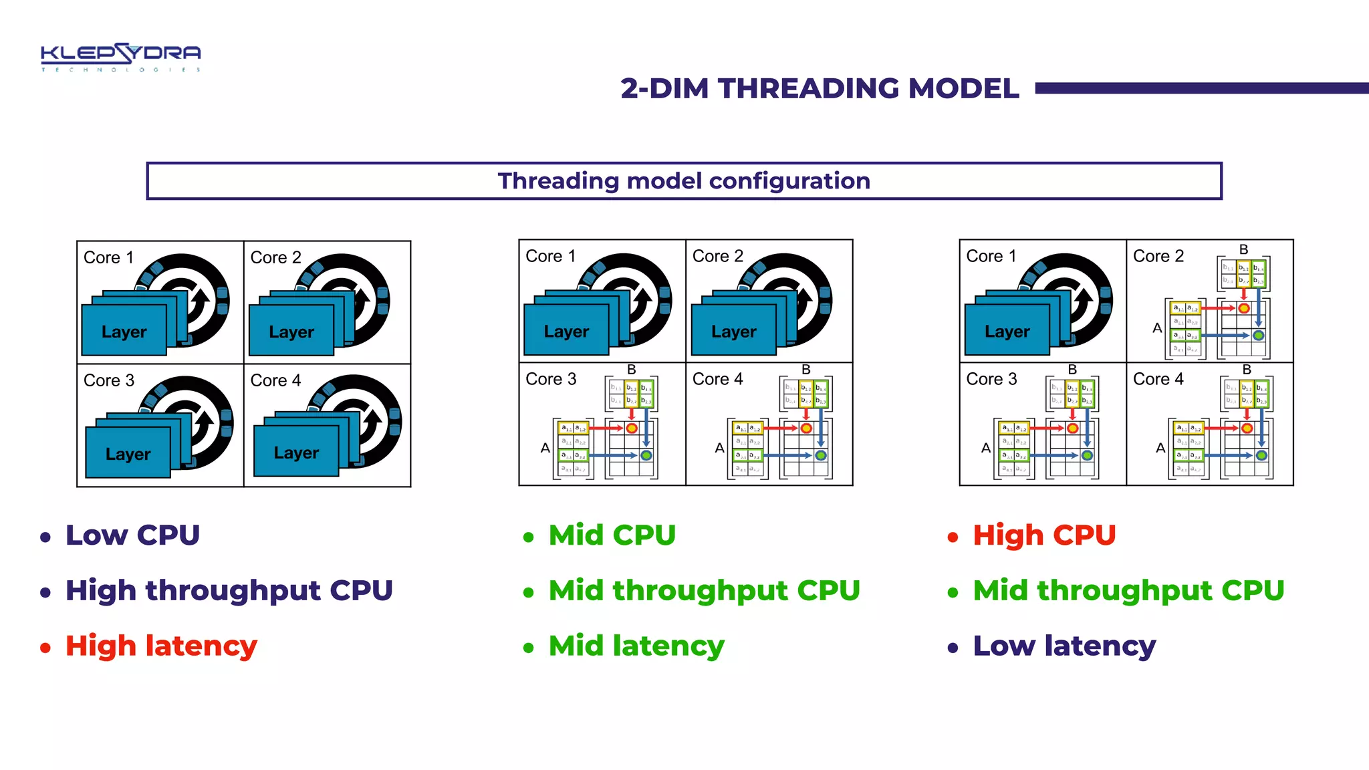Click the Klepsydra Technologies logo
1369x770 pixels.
click(120, 57)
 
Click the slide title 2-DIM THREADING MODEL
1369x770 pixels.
click(820, 88)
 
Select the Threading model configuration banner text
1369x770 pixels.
click(684, 181)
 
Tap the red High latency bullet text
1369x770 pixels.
click(161, 646)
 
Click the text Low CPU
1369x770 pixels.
click(132, 535)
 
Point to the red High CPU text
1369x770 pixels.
click(1044, 535)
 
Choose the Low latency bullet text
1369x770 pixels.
click(1064, 646)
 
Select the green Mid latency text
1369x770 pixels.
click(636, 646)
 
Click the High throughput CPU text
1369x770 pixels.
click(229, 590)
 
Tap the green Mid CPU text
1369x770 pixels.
click(612, 535)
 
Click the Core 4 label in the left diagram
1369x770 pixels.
click(275, 380)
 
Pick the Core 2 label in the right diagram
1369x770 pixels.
click(1158, 256)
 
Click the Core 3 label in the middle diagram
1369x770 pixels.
click(551, 379)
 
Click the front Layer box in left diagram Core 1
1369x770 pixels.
click(124, 331)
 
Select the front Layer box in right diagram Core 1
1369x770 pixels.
click(1007, 331)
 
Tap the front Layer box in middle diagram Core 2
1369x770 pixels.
click(733, 331)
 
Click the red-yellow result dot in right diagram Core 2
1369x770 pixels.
click(1244, 308)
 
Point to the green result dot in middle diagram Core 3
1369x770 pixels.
click(646, 455)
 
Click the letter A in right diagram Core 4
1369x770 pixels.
click(1160, 448)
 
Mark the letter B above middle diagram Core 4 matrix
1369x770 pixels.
click(806, 370)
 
